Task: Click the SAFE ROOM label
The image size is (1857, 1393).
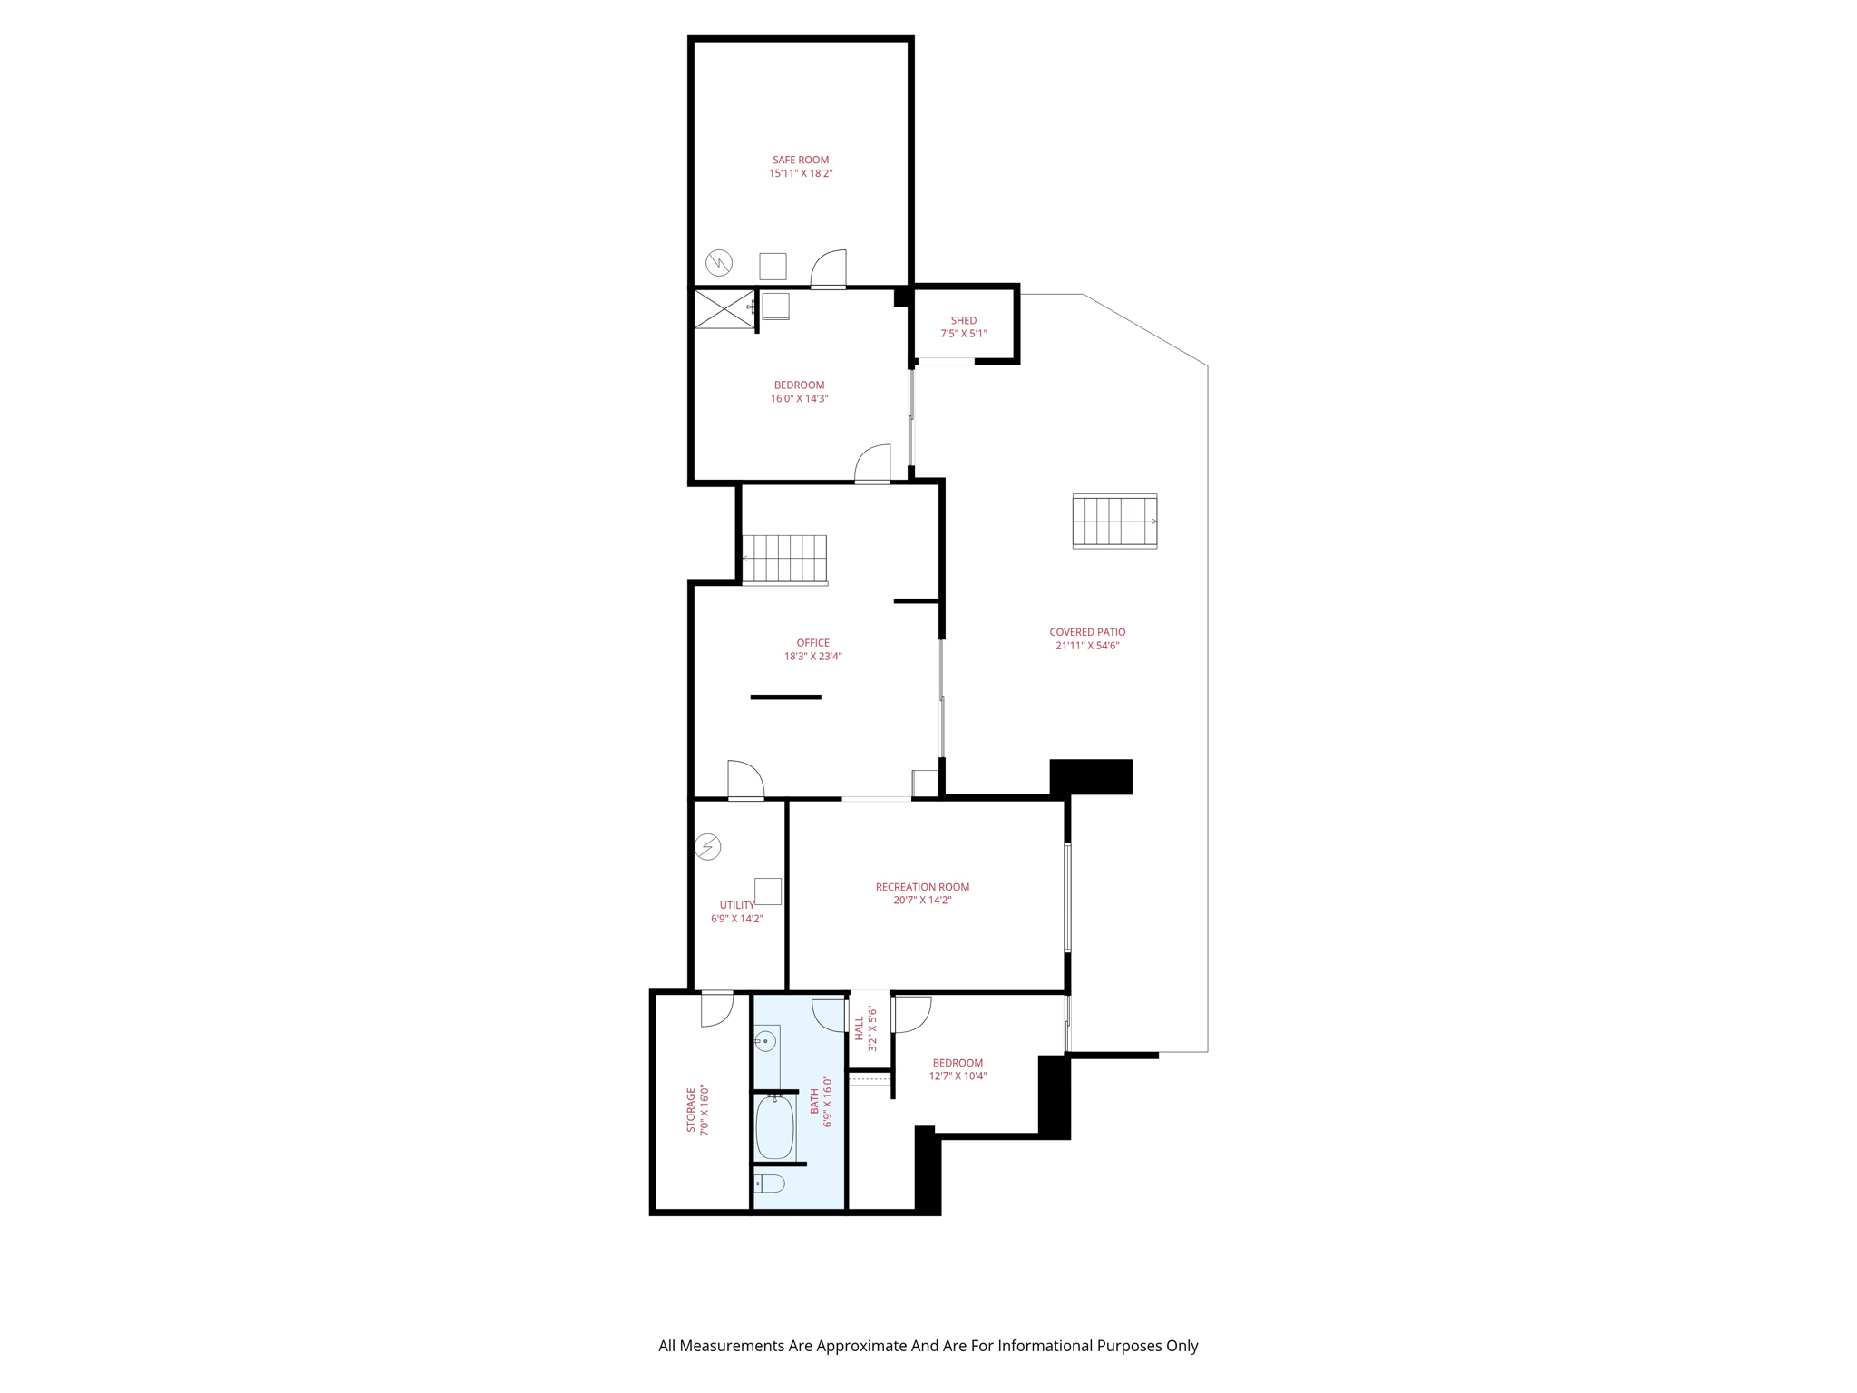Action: pyautogui.click(x=800, y=160)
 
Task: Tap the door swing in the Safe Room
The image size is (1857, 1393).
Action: pyautogui.click(x=829, y=268)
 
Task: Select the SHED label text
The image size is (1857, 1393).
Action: pyautogui.click(x=963, y=320)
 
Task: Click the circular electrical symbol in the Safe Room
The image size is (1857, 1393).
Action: pyautogui.click(x=719, y=263)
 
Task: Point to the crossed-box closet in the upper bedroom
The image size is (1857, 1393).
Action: pyautogui.click(x=724, y=309)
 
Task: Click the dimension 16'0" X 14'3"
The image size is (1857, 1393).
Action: pyautogui.click(x=799, y=398)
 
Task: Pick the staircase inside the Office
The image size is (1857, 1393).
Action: pyautogui.click(x=784, y=559)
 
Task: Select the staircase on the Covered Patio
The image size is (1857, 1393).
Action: pyautogui.click(x=1114, y=521)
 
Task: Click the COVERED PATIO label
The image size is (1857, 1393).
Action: pyautogui.click(x=1087, y=632)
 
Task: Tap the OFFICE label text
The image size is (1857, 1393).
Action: pyautogui.click(x=812, y=643)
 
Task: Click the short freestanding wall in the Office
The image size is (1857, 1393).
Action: pyautogui.click(x=785, y=696)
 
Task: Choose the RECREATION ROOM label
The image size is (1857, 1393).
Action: pyautogui.click(x=922, y=887)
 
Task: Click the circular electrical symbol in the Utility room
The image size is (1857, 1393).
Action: pyautogui.click(x=707, y=847)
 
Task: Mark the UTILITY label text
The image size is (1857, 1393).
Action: pyautogui.click(x=736, y=905)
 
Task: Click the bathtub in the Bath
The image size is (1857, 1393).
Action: pyautogui.click(x=774, y=1127)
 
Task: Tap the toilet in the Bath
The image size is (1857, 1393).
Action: pyautogui.click(x=771, y=1183)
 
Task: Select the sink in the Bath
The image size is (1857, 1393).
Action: pyautogui.click(x=766, y=1041)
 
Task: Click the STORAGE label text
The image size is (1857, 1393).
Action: pyautogui.click(x=691, y=1110)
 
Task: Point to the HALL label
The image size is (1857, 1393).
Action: pyautogui.click(x=859, y=1028)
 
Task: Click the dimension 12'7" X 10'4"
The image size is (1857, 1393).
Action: pyautogui.click(x=958, y=1076)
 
